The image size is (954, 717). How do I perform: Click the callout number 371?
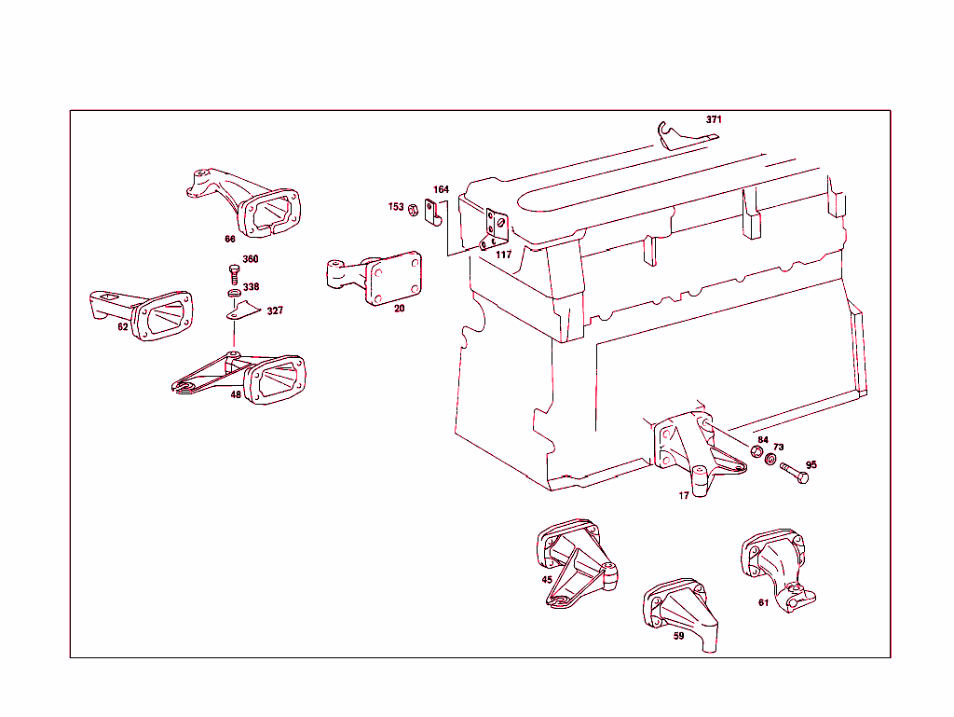[714, 119]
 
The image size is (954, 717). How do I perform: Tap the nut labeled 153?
[412, 208]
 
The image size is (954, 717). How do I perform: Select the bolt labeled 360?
[233, 273]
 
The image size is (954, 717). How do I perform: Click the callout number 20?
[399, 309]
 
